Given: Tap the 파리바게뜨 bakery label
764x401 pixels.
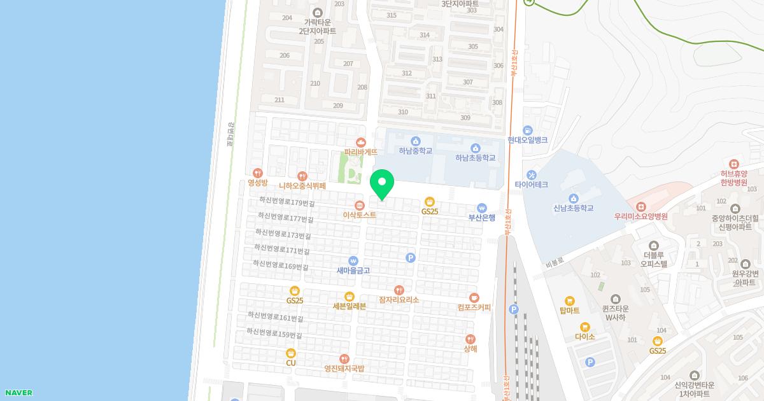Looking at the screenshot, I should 361,152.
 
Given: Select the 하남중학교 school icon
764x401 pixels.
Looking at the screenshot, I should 416,141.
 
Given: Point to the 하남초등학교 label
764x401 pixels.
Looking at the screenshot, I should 475,158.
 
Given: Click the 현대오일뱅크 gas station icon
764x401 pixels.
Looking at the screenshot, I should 527,130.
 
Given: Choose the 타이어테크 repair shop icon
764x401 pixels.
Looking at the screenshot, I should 531,174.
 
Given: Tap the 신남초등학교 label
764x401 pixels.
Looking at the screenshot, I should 573,208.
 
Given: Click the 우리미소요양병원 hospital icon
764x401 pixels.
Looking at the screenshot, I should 640,206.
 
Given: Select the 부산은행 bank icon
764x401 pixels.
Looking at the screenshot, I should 482,208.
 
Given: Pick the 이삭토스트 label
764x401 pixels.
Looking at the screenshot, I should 359,215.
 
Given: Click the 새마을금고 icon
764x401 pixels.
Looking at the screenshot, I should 353,260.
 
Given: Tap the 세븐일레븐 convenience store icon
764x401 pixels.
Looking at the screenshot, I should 349,296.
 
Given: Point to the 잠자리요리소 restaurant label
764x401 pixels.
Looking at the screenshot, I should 399,299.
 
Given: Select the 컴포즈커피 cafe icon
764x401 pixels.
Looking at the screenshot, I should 474,297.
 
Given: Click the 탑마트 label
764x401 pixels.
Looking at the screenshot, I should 569,311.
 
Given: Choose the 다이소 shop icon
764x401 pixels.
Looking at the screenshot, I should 584,327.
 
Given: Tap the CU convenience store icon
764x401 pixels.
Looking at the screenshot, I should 291,353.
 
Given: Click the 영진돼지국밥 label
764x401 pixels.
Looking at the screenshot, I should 344,369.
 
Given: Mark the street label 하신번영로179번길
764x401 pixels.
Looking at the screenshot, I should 287,201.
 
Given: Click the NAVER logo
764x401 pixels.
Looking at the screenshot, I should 18,393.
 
